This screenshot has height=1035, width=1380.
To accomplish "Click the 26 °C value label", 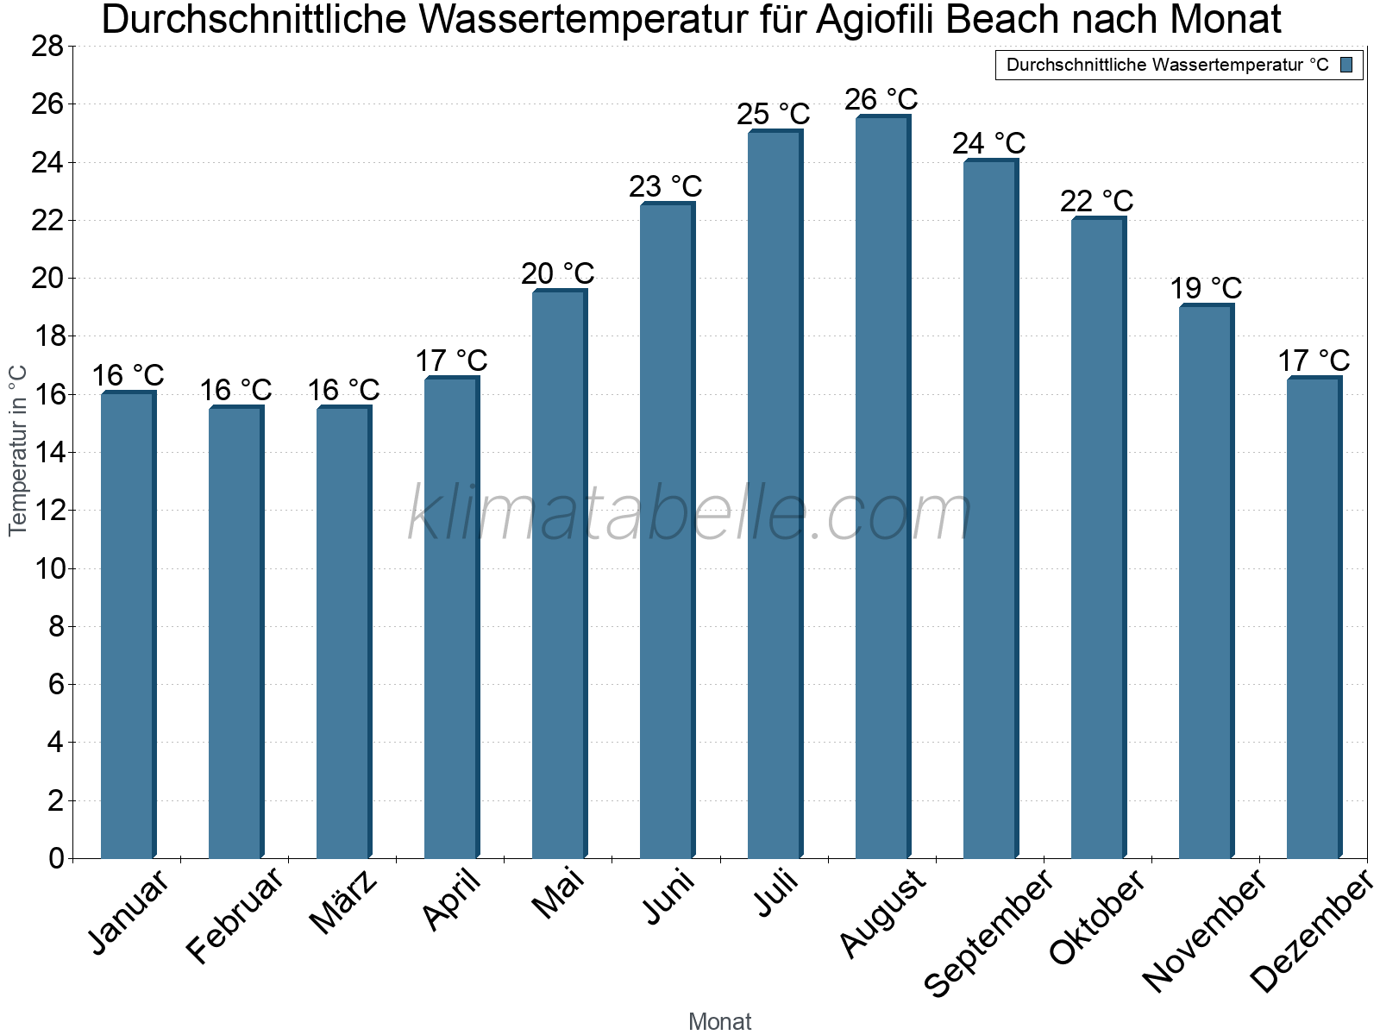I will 881,100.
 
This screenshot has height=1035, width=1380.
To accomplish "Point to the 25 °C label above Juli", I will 773,114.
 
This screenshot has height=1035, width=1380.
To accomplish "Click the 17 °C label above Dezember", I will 1313,361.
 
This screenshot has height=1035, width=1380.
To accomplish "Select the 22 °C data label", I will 1096,201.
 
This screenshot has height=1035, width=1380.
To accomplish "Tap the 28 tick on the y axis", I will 47,46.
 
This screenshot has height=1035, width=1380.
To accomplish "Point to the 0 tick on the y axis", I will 56,858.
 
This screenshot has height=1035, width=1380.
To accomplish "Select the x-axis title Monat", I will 719,1021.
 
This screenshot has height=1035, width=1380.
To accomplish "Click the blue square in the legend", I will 1346,65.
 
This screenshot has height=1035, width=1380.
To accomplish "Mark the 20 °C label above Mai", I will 557,273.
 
